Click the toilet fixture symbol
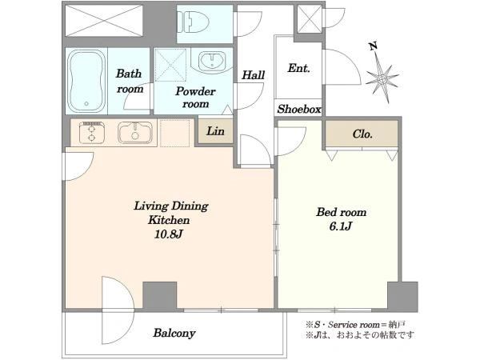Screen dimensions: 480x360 coord(194,22)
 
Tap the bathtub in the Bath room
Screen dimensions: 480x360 coord(86,81)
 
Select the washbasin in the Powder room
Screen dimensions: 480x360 coord(213,60)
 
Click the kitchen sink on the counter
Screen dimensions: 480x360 coord(135,133)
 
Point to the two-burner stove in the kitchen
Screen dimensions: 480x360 coord(91,133)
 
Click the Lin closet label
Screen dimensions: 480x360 coord(215,131)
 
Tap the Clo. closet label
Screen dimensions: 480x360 coord(362,134)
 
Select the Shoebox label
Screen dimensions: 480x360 coord(299,109)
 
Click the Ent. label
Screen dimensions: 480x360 coord(298,68)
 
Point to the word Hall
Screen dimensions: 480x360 coord(253,75)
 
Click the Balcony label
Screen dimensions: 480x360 coord(174,333)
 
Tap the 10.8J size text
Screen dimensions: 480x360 coord(168,234)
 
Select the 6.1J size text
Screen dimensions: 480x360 coord(341,226)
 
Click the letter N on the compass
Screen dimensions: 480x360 coord(373,46)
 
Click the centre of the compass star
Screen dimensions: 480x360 coord(382,79)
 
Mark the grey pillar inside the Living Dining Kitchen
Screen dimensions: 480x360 coord(160,295)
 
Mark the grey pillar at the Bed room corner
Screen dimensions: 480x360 coord(402,297)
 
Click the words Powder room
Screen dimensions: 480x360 coord(195,98)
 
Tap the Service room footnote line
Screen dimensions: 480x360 coord(355,324)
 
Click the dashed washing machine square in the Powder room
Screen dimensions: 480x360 coord(170,65)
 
